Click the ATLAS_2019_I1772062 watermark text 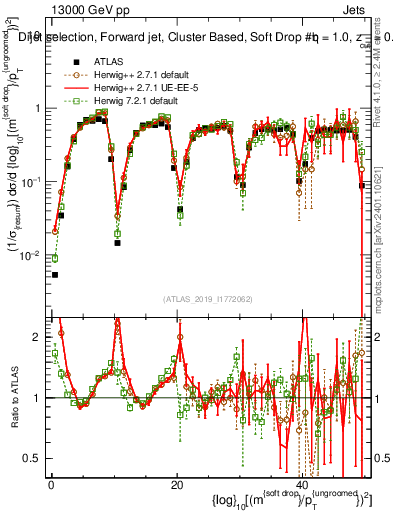(207, 298)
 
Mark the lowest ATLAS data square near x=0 (55, 274)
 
